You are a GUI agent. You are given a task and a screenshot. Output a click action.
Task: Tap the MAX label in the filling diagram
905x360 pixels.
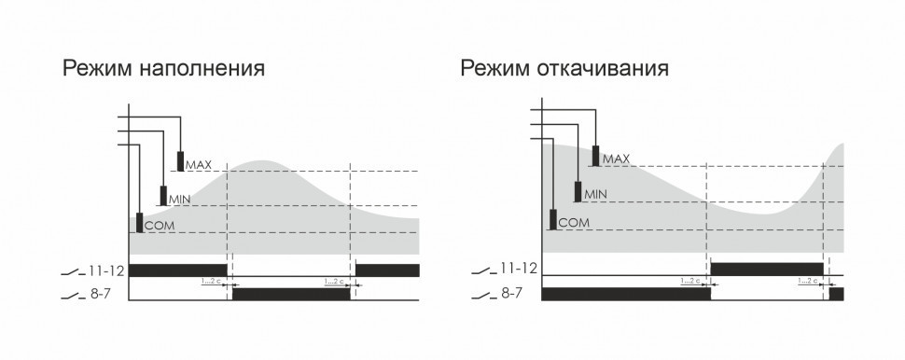[x=199, y=165]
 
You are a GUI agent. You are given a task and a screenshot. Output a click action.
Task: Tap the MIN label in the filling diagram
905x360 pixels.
[x=178, y=199]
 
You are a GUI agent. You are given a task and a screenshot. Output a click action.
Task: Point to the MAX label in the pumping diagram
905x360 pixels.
[x=617, y=159]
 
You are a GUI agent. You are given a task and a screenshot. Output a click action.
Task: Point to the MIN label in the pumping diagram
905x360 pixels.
[x=595, y=194]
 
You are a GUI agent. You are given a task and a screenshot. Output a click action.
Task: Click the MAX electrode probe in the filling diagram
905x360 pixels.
[x=180, y=161]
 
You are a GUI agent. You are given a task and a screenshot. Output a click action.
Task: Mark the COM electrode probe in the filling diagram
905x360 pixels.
[x=141, y=223]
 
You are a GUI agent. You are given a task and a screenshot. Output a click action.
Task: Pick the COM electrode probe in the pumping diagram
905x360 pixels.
[x=553, y=220]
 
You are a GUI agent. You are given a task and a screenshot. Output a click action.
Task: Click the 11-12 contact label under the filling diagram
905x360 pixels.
[x=104, y=270]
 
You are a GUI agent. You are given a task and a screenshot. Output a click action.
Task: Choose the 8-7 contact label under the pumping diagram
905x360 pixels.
[x=511, y=294]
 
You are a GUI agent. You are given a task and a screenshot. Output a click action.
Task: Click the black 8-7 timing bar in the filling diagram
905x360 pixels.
[x=291, y=294]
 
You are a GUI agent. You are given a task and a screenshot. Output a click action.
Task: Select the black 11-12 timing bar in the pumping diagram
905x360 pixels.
[x=766, y=269]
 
